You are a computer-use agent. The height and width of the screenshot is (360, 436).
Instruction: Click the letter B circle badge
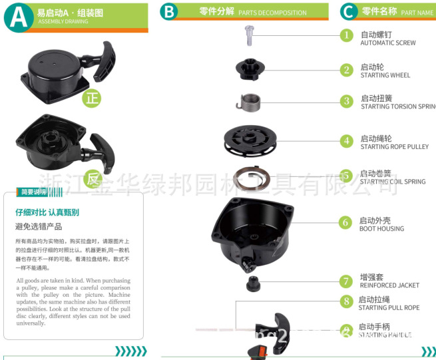pyautogui.click(x=169, y=11)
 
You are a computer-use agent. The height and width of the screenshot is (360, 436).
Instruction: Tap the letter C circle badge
pyautogui.click(x=348, y=11)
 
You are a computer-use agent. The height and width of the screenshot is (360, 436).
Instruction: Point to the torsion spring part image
pyautogui.click(x=250, y=102)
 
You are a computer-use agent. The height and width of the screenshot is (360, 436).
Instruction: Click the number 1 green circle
pyautogui.click(x=346, y=35)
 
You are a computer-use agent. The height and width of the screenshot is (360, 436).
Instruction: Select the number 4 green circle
pyautogui.click(x=346, y=141)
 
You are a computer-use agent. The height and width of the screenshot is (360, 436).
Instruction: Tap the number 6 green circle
pyautogui.click(x=345, y=222)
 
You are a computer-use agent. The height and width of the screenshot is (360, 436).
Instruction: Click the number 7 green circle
pyautogui.click(x=346, y=281)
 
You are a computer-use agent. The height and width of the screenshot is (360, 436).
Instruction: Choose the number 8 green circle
pyautogui.click(x=346, y=301)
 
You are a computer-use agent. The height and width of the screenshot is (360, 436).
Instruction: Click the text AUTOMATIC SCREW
pyautogui.click(x=388, y=43)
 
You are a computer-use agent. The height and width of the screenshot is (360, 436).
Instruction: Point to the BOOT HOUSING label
pyautogui.click(x=381, y=229)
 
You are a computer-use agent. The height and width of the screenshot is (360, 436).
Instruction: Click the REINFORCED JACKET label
pyautogui.click(x=389, y=285)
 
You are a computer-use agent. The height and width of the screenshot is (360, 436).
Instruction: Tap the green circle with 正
pyautogui.click(x=92, y=99)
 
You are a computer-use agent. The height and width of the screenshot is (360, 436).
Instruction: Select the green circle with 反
pyautogui.click(x=93, y=178)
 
